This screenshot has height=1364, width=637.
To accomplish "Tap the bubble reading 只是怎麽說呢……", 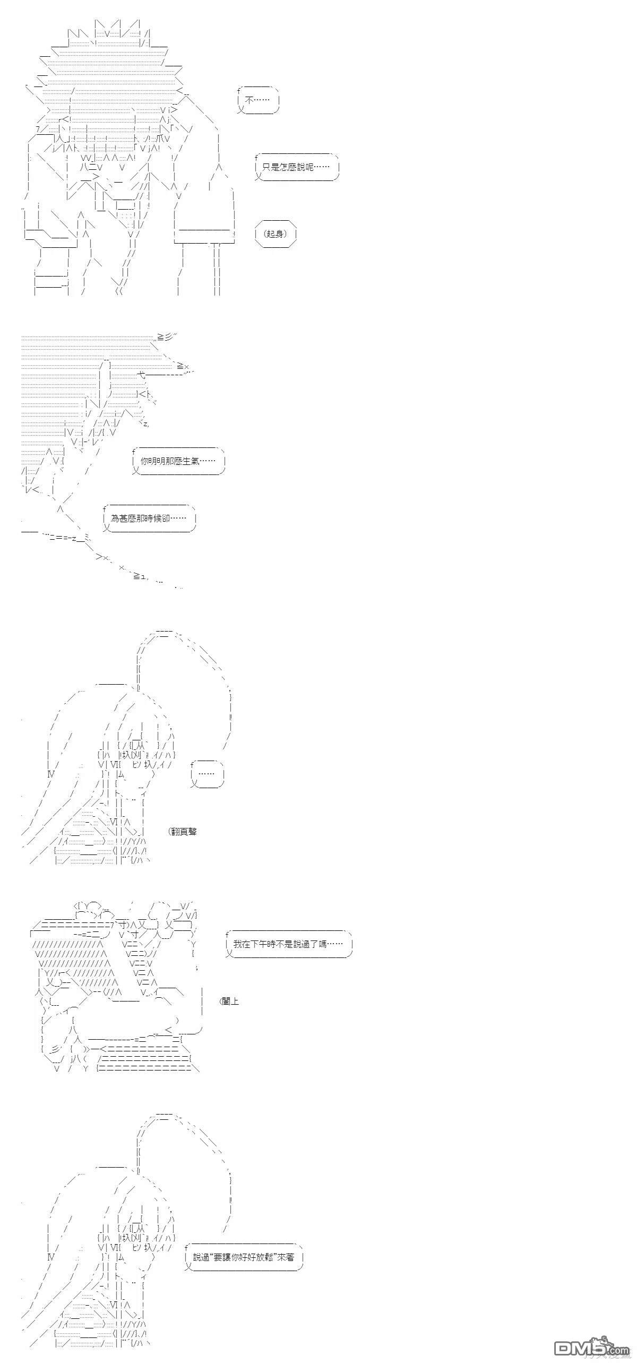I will click(x=297, y=167).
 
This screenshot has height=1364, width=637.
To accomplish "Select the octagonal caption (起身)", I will click(x=276, y=234).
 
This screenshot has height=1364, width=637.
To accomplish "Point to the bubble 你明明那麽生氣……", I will click(x=178, y=461).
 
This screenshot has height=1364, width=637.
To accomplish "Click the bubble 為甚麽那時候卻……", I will click(x=150, y=518).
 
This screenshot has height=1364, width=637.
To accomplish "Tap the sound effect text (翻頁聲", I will click(x=183, y=831).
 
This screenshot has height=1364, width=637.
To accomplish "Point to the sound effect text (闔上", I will click(x=229, y=1001).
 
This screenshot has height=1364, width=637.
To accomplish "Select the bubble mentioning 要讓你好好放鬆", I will click(x=244, y=1257).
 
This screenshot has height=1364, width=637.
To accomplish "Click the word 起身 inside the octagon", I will click(x=276, y=234).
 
